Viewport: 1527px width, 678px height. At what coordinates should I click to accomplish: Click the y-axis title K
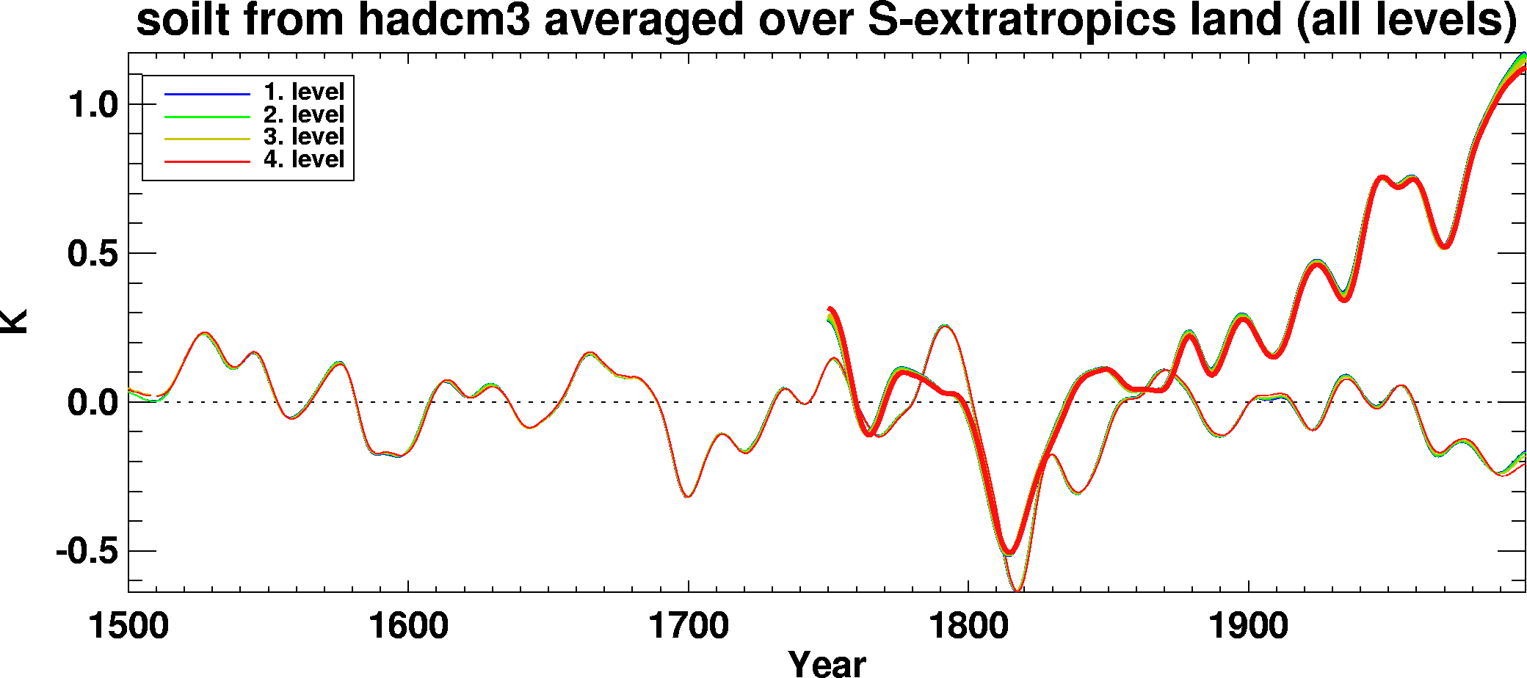click(15, 321)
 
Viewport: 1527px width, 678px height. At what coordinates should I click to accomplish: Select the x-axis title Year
click(827, 663)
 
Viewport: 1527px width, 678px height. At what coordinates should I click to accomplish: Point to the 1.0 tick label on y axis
click(93, 105)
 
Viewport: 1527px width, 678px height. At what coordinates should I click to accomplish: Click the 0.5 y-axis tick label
click(93, 254)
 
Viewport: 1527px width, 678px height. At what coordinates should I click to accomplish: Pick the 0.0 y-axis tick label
click(93, 403)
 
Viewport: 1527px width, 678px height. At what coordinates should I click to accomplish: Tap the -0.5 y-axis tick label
click(87, 551)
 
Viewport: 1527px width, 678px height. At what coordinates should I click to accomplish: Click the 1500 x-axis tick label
click(128, 627)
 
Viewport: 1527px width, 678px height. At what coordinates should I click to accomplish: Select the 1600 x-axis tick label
click(408, 627)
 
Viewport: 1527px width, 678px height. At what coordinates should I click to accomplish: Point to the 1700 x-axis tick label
click(688, 627)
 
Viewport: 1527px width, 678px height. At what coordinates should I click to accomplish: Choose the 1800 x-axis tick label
click(968, 627)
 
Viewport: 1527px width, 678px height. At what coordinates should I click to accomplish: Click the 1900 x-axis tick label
click(1248, 627)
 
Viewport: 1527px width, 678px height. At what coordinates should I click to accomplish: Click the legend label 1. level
click(304, 92)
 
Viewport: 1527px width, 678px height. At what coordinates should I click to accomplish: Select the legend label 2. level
click(304, 115)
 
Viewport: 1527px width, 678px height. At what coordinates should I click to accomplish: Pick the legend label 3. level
click(304, 137)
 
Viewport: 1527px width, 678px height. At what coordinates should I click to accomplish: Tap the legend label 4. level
click(304, 159)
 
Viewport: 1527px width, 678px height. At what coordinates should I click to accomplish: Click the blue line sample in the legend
click(207, 95)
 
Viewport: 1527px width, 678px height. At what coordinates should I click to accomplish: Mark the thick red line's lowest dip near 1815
click(1010, 553)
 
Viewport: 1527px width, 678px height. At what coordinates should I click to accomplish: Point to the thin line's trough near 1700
click(688, 497)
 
